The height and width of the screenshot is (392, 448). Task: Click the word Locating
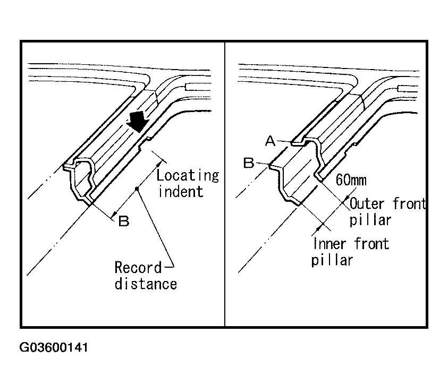pyautogui.click(x=188, y=175)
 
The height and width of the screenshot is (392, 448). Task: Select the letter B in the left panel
pyautogui.click(x=123, y=221)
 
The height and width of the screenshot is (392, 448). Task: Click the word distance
pyautogui.click(x=146, y=284)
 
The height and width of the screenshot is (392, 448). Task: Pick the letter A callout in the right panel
pyautogui.click(x=270, y=140)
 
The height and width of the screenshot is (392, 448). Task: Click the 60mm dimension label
pyautogui.click(x=351, y=181)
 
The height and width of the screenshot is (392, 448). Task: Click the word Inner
pyautogui.click(x=330, y=244)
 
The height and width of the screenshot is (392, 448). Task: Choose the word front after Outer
pyautogui.click(x=410, y=203)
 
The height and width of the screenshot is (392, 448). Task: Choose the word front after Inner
pyautogui.click(x=371, y=244)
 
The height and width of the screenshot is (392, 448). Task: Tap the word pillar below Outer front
pyautogui.click(x=370, y=219)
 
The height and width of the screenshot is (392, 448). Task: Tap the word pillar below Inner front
pyautogui.click(x=332, y=261)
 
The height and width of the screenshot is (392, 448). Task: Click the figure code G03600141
pyautogui.click(x=54, y=348)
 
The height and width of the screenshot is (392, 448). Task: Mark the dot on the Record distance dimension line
pyautogui.click(x=138, y=189)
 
